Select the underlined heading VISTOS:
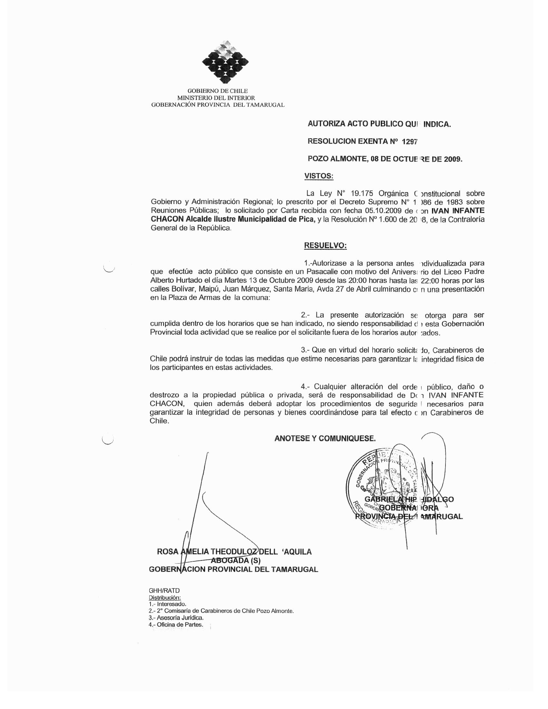pyautogui.click(x=319, y=176)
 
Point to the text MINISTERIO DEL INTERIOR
pyautogui.click(x=216, y=98)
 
